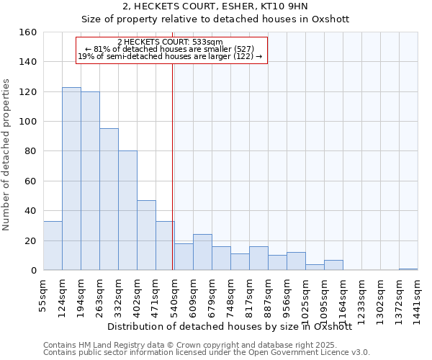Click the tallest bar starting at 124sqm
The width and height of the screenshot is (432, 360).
pos(71,179)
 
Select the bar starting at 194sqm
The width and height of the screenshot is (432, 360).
pos(90,181)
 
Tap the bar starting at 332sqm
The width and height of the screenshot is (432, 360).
pos(127,210)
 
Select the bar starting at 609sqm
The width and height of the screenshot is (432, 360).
pos(202,252)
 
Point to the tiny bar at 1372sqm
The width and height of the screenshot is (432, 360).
pos(408,269)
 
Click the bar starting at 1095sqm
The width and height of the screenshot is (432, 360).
pos(333,265)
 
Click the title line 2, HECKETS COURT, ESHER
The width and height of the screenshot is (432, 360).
pos(215,6)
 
